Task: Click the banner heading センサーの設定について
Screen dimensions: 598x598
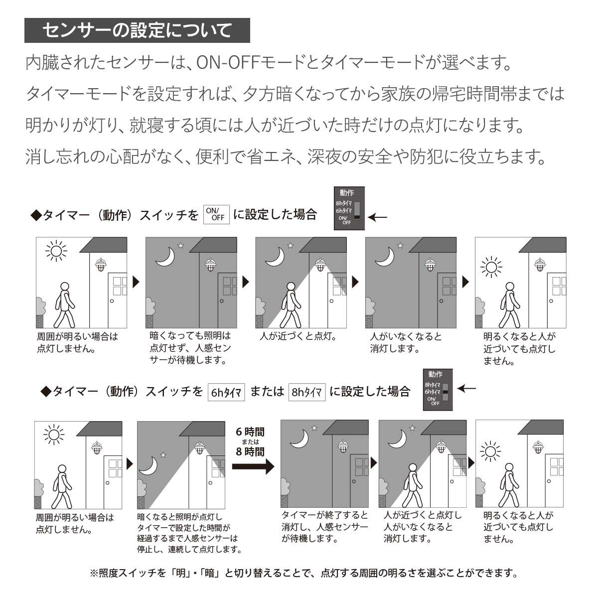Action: point(137,31)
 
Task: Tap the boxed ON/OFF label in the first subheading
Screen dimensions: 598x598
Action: point(216,214)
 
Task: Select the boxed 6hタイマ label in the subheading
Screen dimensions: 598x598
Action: point(226,392)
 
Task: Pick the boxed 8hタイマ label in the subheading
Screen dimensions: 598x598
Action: point(306,392)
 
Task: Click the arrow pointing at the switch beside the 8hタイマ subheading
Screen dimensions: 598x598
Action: point(466,388)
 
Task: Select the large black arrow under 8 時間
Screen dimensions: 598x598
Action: point(253,467)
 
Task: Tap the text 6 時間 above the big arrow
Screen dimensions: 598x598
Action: point(250,432)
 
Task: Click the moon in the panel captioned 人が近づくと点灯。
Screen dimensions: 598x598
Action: point(275,256)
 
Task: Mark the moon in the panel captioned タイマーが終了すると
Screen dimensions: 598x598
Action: point(299,439)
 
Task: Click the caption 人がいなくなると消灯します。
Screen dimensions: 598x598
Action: point(406,342)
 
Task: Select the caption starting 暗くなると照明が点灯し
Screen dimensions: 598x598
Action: point(189,534)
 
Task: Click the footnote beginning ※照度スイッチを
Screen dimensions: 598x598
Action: point(303,573)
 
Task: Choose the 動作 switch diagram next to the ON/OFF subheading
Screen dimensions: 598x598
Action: point(349,208)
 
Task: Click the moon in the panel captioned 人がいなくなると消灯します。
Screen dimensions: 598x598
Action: point(385,256)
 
